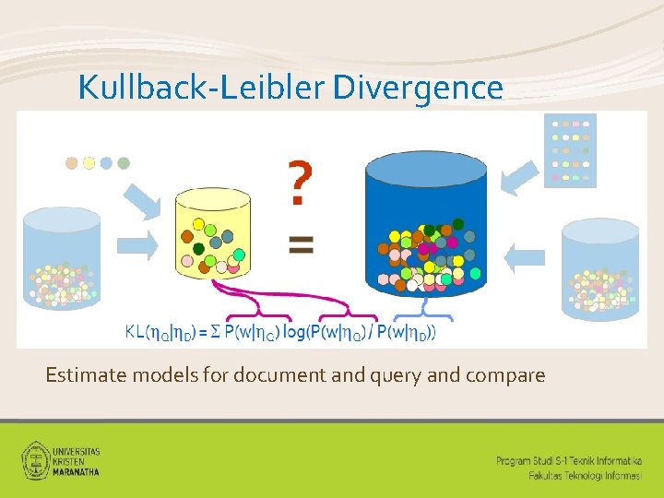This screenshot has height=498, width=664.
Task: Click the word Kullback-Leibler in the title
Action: (202, 88)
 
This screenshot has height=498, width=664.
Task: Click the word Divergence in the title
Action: (418, 88)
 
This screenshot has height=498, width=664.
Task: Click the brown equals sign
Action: (301, 244)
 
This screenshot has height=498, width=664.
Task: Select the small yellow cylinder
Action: (213, 231)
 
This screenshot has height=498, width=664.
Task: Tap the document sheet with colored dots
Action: (570, 149)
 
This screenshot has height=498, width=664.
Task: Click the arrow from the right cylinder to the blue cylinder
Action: (526, 257)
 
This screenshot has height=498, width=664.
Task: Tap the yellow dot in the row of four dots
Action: (89, 163)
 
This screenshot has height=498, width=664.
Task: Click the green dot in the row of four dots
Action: (124, 163)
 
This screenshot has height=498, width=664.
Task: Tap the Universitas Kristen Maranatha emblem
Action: (36, 459)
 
